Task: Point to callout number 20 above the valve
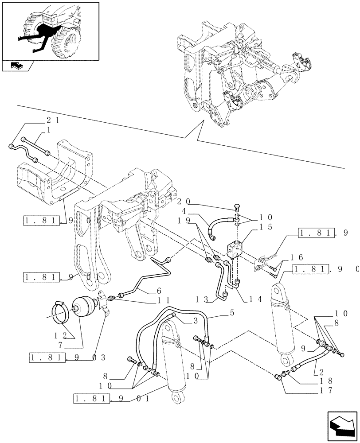coord(183,202)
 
